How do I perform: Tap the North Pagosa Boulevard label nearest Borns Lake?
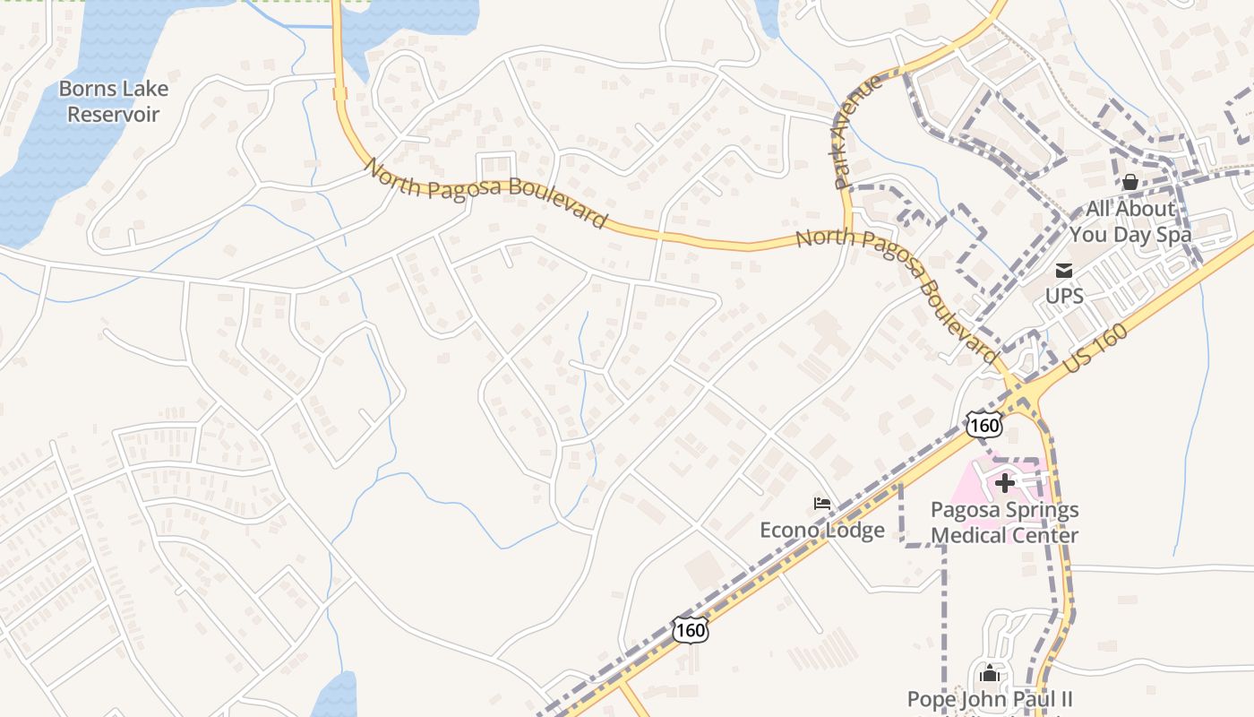coord(485,193)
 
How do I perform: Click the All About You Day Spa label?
coord(1130,222)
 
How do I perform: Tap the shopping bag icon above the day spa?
coord(1130,182)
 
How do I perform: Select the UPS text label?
coord(1064,296)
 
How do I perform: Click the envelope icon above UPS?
coord(1064,270)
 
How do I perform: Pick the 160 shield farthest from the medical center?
coord(691,630)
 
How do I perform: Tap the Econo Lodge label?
coord(822,530)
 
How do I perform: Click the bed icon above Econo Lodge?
coord(822,504)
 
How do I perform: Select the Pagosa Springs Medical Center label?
coord(1004,523)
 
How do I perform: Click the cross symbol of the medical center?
coord(1005,483)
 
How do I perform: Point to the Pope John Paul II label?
coord(990,699)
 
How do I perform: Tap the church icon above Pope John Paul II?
coord(990,672)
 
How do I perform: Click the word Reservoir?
coord(114,115)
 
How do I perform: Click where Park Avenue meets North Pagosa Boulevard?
coord(849,236)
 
